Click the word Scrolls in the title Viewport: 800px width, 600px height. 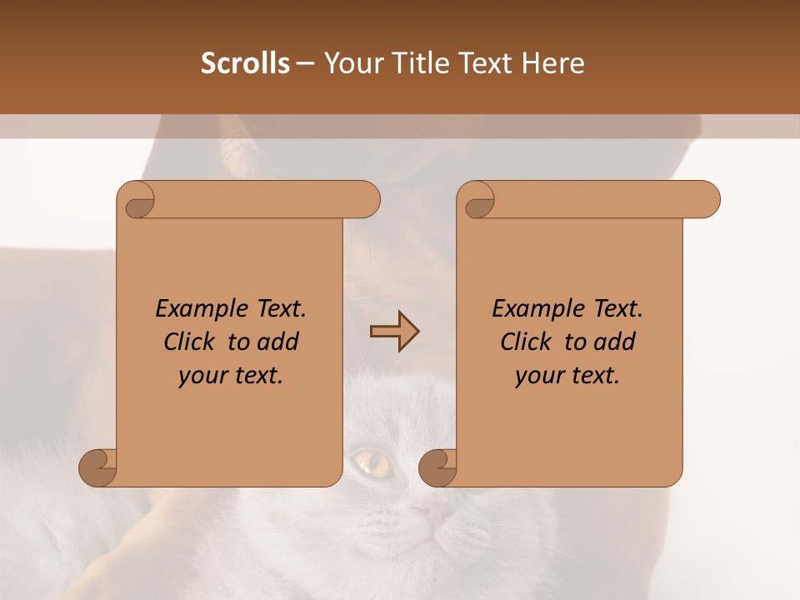(x=246, y=63)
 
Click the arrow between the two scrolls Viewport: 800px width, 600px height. (x=394, y=332)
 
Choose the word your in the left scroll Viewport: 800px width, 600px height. (x=203, y=377)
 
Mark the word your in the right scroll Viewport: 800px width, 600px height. (x=540, y=377)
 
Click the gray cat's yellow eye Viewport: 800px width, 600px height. (x=372, y=460)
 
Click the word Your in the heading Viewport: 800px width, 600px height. (x=350, y=63)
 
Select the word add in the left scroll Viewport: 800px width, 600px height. (x=278, y=342)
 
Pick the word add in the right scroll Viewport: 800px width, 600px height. (x=615, y=342)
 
